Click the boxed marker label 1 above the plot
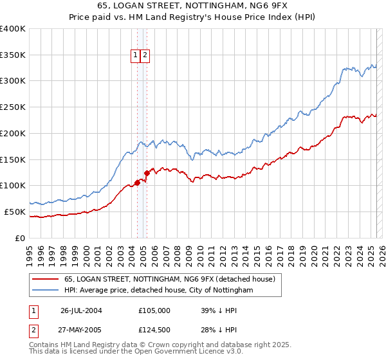click(136, 56)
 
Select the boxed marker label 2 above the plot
click(145, 56)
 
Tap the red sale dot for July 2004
click(137, 183)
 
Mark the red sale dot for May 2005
click(147, 172)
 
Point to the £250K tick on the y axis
click(14, 107)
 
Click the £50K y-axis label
click(15, 212)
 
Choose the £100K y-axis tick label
click(14, 185)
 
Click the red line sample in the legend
click(45, 279)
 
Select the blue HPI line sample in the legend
click(45, 291)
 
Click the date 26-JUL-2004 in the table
click(81, 310)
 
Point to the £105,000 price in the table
click(154, 310)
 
